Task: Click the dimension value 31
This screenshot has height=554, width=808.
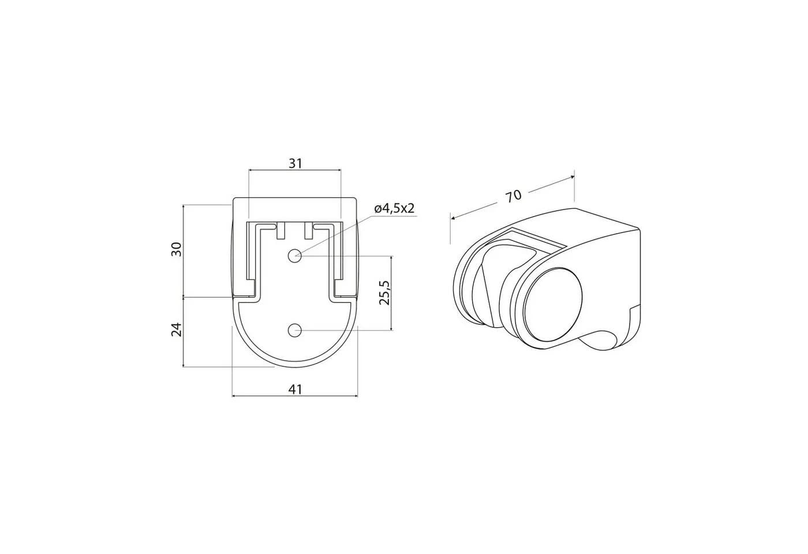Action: (x=295, y=163)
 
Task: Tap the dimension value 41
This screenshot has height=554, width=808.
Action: (x=295, y=389)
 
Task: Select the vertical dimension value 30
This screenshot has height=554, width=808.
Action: (x=176, y=249)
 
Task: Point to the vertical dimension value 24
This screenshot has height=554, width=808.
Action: (x=176, y=330)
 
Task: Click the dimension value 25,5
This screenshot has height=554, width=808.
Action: (x=385, y=293)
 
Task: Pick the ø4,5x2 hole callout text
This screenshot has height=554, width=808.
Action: (x=394, y=208)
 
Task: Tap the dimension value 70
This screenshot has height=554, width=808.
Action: (x=513, y=196)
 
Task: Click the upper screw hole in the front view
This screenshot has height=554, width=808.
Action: (x=295, y=256)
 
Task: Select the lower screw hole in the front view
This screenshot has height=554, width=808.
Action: (x=295, y=330)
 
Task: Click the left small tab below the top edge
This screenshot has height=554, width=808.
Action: (x=281, y=231)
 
